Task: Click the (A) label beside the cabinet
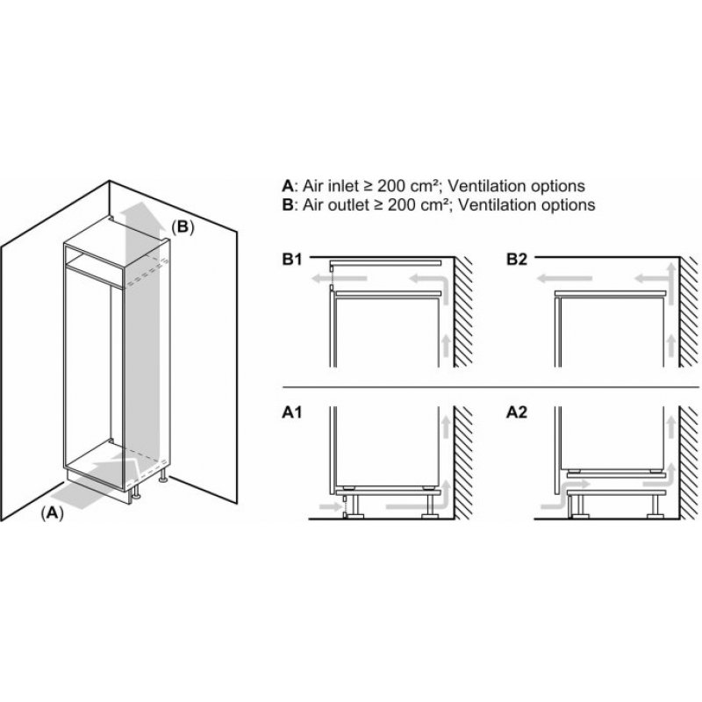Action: [x=53, y=513]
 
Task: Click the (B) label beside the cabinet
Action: [x=183, y=227]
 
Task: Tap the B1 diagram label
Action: [x=292, y=259]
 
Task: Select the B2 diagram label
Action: [x=517, y=259]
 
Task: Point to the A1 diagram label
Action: [x=292, y=412]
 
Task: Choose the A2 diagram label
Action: [x=517, y=412]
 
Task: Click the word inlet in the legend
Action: [x=343, y=186]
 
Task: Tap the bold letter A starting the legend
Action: [x=287, y=186]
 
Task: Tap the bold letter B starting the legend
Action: [x=287, y=204]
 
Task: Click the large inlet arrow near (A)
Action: [x=90, y=485]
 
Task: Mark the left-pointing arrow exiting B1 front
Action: [x=340, y=279]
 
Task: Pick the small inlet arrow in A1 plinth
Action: [x=330, y=506]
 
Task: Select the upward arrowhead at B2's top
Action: [x=670, y=269]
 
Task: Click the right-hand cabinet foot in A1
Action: [x=429, y=507]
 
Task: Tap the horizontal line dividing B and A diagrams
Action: [x=491, y=387]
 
